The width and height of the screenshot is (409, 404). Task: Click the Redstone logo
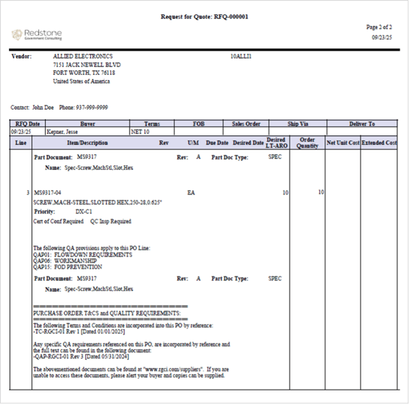[35, 34]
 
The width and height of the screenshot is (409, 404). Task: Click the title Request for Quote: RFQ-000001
[204, 16]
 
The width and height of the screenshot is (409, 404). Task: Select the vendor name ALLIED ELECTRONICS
[83, 56]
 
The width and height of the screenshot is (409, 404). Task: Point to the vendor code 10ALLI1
[241, 56]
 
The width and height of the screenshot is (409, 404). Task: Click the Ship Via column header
[297, 124]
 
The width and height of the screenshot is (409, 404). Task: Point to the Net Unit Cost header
[342, 143]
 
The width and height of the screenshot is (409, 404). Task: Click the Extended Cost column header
[379, 143]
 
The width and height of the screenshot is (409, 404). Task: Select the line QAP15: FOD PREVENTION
[68, 267]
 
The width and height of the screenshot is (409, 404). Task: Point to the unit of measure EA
[192, 193]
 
